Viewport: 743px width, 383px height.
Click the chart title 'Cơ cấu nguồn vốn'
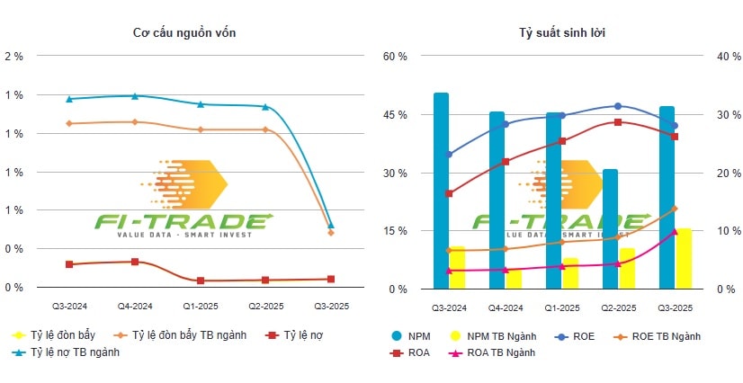pos(185,33)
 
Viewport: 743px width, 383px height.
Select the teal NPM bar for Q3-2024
pos(441,191)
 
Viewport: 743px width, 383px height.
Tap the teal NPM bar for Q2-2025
pos(610,229)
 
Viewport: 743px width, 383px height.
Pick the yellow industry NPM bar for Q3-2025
pos(685,259)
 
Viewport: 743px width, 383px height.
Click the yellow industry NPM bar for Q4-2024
pos(514,279)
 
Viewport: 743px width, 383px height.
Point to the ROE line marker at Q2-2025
pos(617,106)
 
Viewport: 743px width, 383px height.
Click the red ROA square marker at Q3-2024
pos(449,193)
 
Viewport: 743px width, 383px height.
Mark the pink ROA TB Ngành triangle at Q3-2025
pos(674,231)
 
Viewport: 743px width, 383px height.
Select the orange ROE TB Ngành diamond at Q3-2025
pos(674,209)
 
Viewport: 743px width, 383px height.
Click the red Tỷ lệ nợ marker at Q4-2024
pos(135,262)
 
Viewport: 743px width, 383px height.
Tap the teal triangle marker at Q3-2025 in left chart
pos(331,225)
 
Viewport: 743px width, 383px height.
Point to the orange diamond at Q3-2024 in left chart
pos(69,123)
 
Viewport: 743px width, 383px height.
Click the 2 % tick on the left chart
pos(14,56)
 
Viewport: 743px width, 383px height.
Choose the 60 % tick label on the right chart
pos(396,56)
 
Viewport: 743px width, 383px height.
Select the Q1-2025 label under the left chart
pos(201,307)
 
